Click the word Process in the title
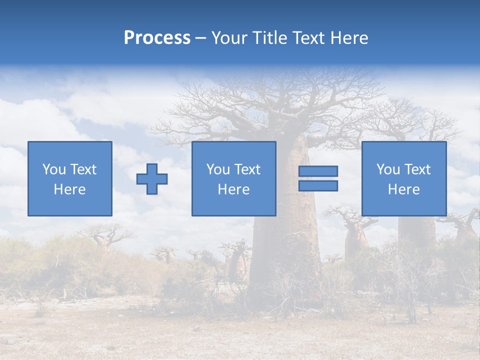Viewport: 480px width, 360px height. coord(157,38)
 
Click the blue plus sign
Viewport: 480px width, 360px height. coord(152,179)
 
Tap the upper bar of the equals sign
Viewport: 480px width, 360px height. coord(318,171)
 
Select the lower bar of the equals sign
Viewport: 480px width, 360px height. coord(318,186)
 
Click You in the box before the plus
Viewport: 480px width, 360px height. coord(53,169)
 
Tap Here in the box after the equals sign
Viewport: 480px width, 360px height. coord(403,189)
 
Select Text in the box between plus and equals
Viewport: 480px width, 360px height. coord(247,169)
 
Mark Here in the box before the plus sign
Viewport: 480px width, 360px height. coord(69,189)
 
